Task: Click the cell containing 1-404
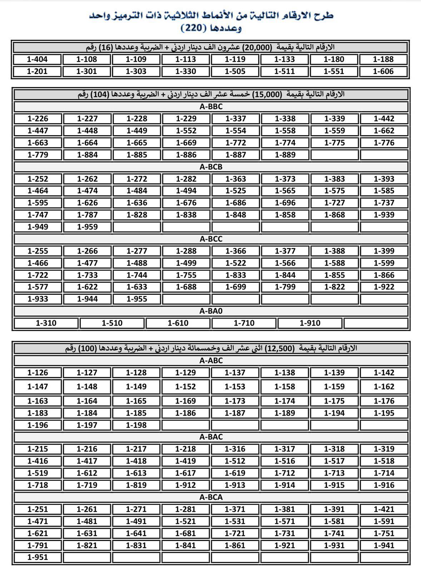[x=37, y=59]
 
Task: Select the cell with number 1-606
[x=383, y=71]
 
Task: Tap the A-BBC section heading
[x=211, y=106]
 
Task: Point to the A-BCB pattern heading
[x=211, y=167]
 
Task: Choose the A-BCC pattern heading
[x=211, y=239]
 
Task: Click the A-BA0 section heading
[x=211, y=311]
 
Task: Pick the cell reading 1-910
[x=310, y=323]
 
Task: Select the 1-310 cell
[x=46, y=323]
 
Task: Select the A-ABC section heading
[x=211, y=360]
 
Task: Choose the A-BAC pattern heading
[x=211, y=437]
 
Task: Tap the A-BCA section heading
[x=211, y=497]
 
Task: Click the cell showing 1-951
[x=38, y=557]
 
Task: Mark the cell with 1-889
[x=285, y=155]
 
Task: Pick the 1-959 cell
[x=87, y=227]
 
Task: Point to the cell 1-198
[x=136, y=425]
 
